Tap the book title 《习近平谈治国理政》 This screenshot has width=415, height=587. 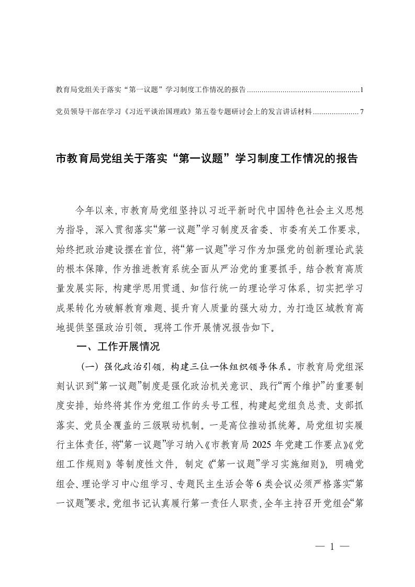point(148,111)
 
